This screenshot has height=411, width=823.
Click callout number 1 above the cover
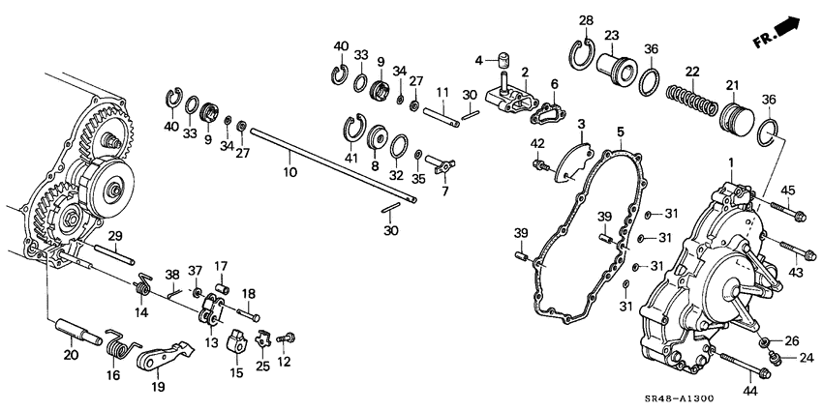point(731,163)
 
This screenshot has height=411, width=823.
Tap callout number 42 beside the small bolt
point(536,145)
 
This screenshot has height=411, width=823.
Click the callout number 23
point(612,35)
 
